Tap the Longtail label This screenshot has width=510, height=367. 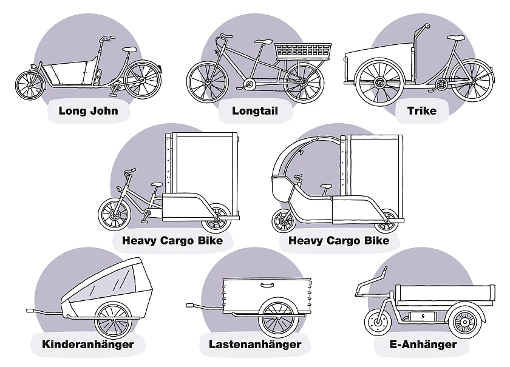[254, 111]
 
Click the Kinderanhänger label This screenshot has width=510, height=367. [87, 345]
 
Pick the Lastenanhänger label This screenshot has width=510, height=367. [254, 345]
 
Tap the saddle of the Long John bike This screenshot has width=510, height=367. [129, 49]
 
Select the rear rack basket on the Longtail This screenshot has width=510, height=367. [302, 52]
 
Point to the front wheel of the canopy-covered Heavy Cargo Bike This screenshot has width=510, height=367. [284, 221]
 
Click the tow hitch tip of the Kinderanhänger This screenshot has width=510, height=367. [29, 311]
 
